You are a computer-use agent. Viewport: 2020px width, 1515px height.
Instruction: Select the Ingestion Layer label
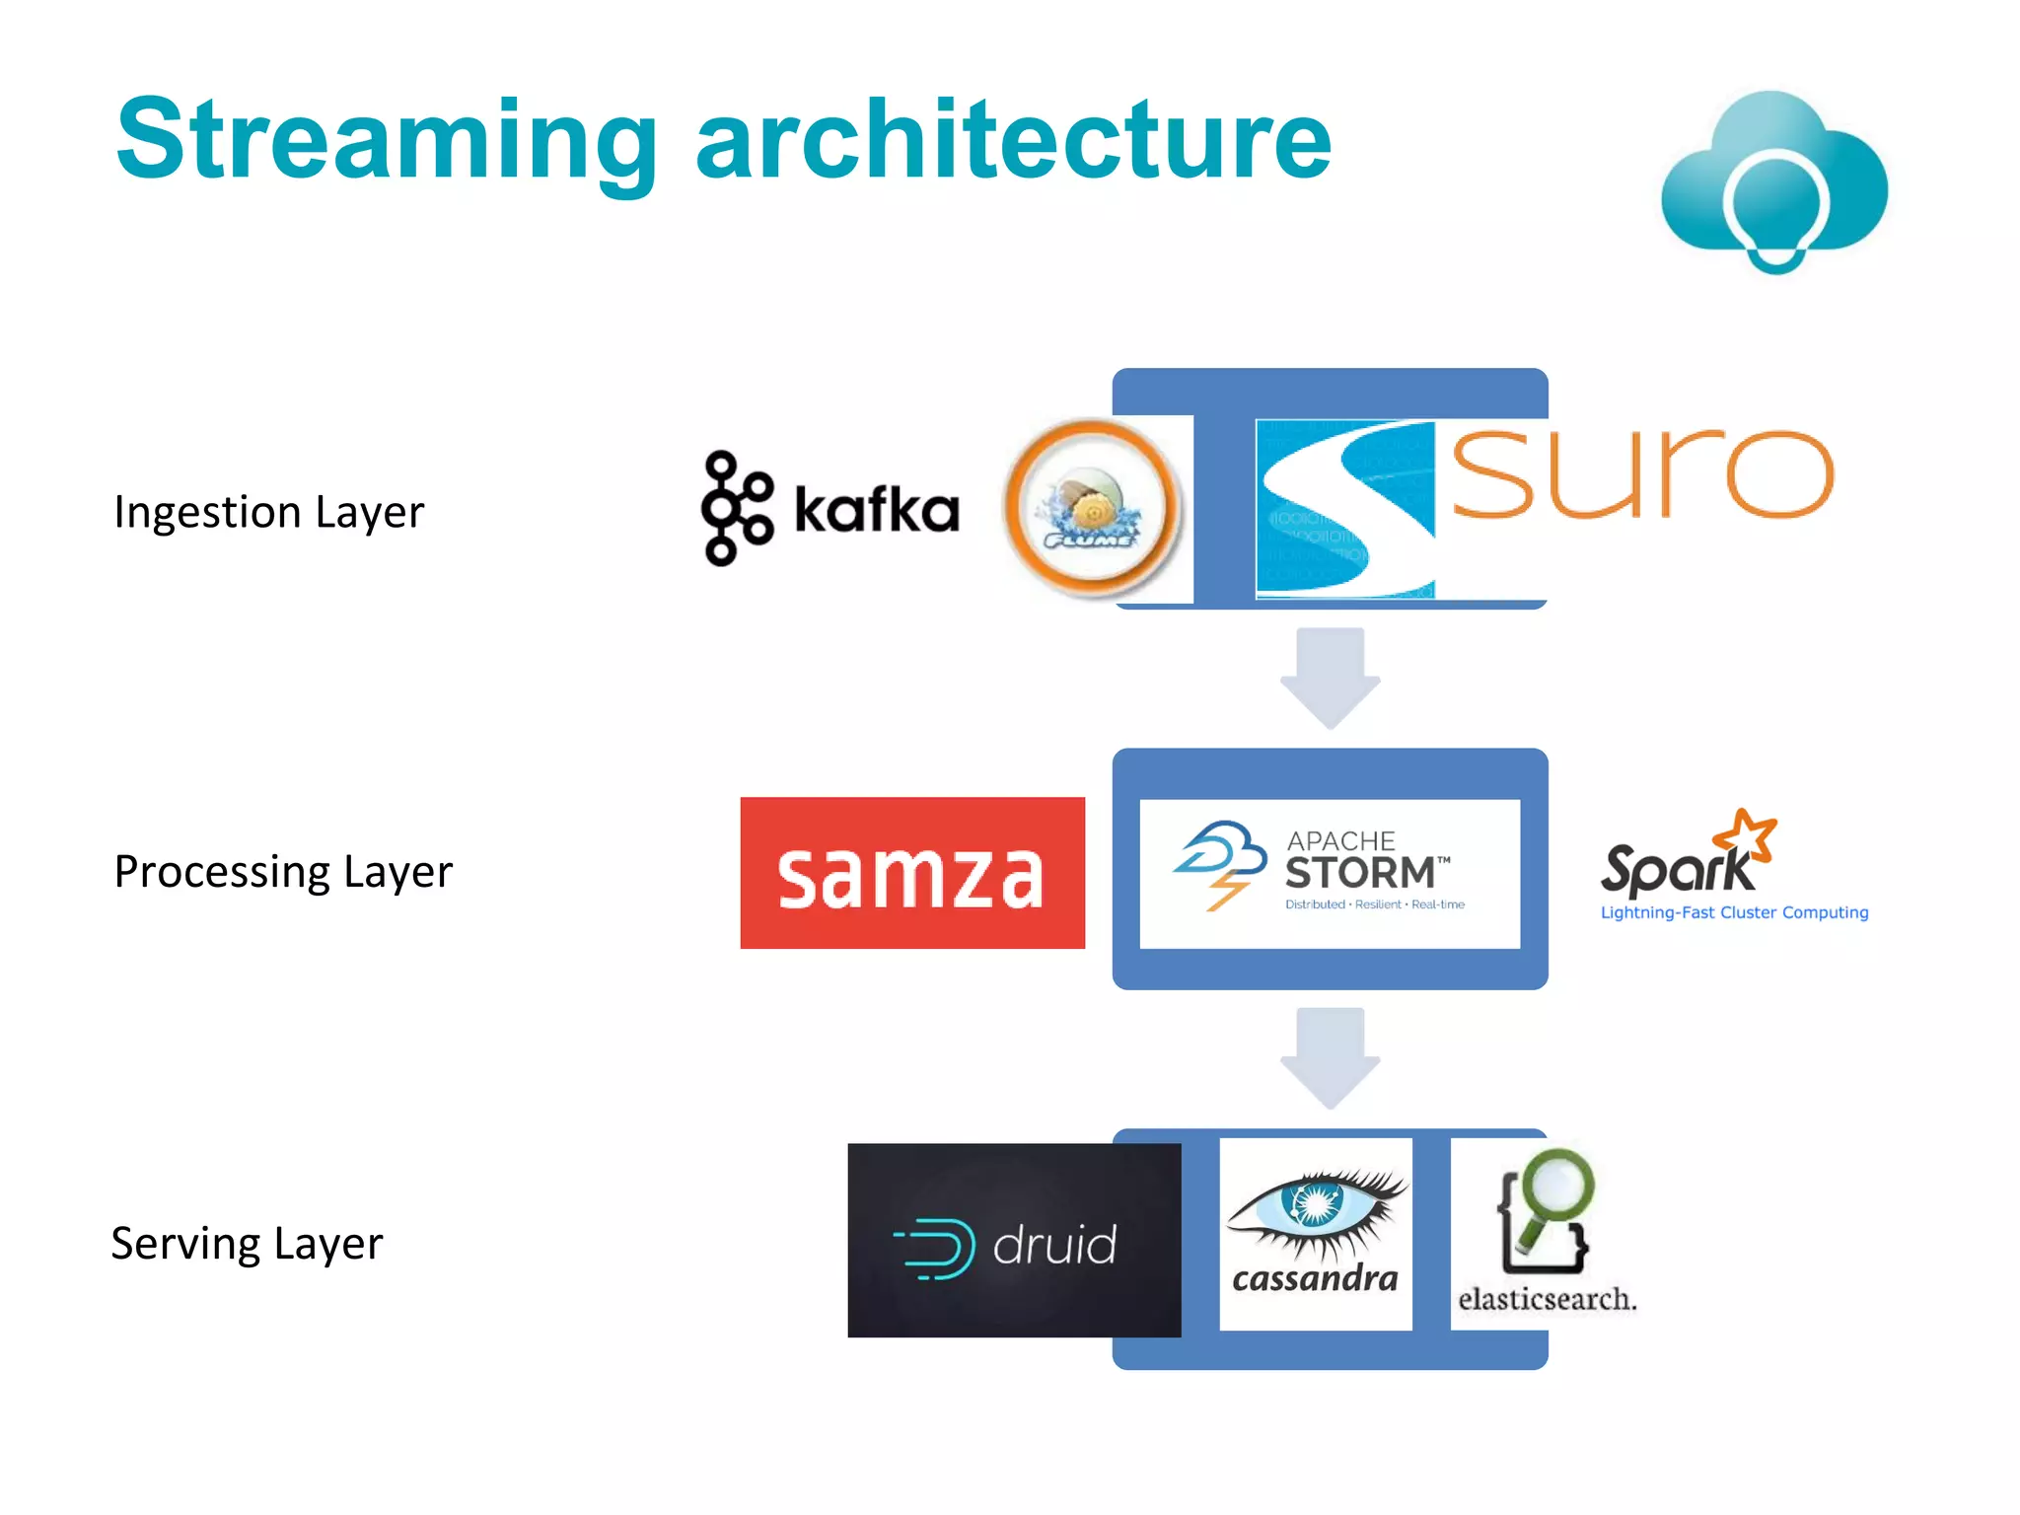pyautogui.click(x=268, y=512)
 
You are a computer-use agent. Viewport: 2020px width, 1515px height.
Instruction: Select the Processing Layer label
pyautogui.click(x=283, y=872)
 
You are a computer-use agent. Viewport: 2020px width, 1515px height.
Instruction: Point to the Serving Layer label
pyautogui.click(x=247, y=1244)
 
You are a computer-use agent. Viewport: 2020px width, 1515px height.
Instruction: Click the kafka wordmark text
pyautogui.click(x=877, y=511)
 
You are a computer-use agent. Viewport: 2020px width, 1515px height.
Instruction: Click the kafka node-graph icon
pyautogui.click(x=735, y=509)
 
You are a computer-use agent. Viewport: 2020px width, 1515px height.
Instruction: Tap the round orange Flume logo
pyautogui.click(x=1091, y=507)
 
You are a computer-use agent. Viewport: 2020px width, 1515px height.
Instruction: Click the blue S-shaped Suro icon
pyautogui.click(x=1345, y=509)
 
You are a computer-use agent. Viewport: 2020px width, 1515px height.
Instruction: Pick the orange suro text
pyautogui.click(x=1642, y=474)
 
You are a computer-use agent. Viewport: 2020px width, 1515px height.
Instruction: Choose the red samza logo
pyautogui.click(x=912, y=873)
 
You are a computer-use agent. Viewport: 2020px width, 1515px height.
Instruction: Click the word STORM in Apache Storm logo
pyautogui.click(x=1360, y=874)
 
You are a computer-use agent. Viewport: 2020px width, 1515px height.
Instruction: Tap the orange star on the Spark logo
pyautogui.click(x=1746, y=833)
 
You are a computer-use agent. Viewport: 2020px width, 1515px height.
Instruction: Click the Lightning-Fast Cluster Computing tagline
pyautogui.click(x=1734, y=913)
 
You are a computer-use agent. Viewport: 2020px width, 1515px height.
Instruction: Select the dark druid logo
pyautogui.click(x=1013, y=1241)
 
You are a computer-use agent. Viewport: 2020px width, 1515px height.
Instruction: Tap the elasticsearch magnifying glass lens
pyautogui.click(x=1557, y=1182)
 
